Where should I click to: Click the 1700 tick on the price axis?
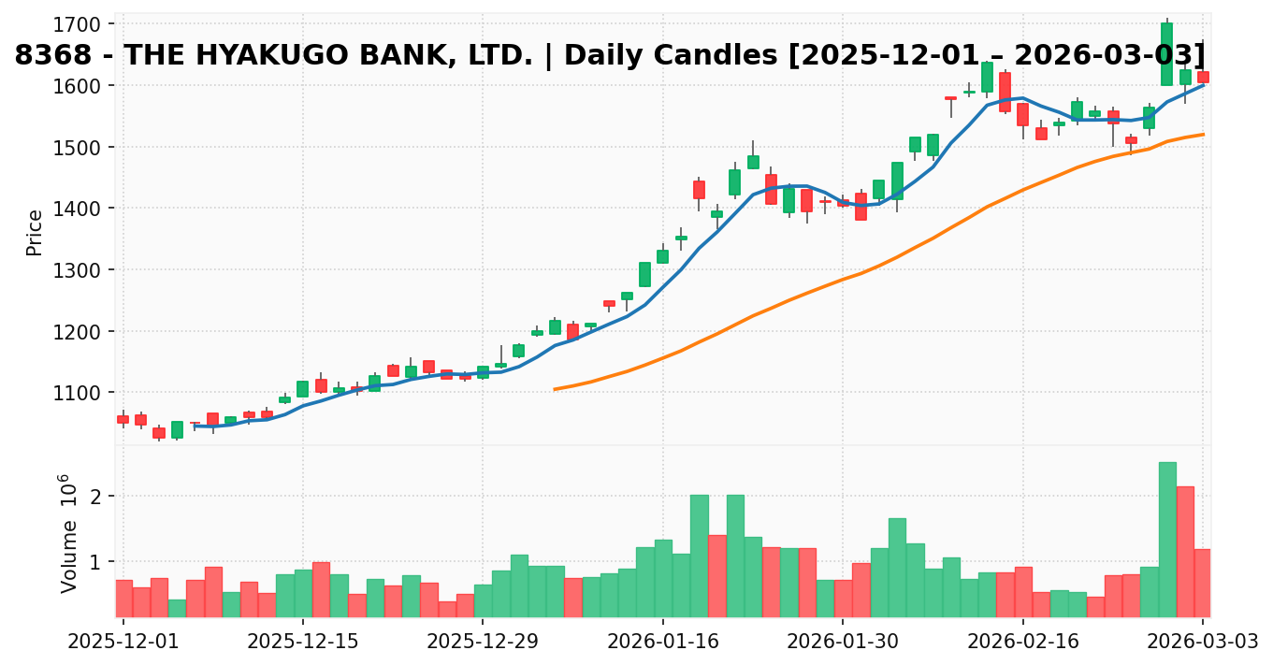click(87, 23)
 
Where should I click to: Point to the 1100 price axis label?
click(87, 393)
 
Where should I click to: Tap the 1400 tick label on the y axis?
click(87, 209)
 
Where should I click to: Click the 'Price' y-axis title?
click(36, 232)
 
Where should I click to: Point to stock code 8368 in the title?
click(44, 55)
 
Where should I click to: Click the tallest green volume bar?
click(1166, 539)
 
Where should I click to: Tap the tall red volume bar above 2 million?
click(1185, 551)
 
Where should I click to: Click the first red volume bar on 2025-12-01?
click(123, 598)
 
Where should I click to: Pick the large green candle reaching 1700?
click(1166, 54)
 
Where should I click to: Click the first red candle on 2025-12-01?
click(123, 419)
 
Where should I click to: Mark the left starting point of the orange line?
click(555, 389)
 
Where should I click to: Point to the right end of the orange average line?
click(1204, 134)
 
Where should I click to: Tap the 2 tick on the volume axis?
click(94, 496)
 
